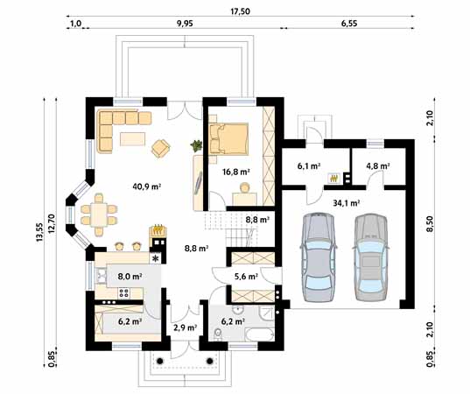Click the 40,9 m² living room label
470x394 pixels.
tap(146, 186)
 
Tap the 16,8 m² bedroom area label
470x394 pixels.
tap(238, 172)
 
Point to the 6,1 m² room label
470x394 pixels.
tap(308, 165)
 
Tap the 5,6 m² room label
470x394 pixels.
tap(246, 277)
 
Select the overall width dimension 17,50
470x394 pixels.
tap(240, 11)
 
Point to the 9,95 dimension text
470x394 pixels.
tap(185, 25)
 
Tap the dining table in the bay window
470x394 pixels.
tap(98, 214)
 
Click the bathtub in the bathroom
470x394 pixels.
tap(258, 337)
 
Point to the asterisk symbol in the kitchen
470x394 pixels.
tap(156, 258)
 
